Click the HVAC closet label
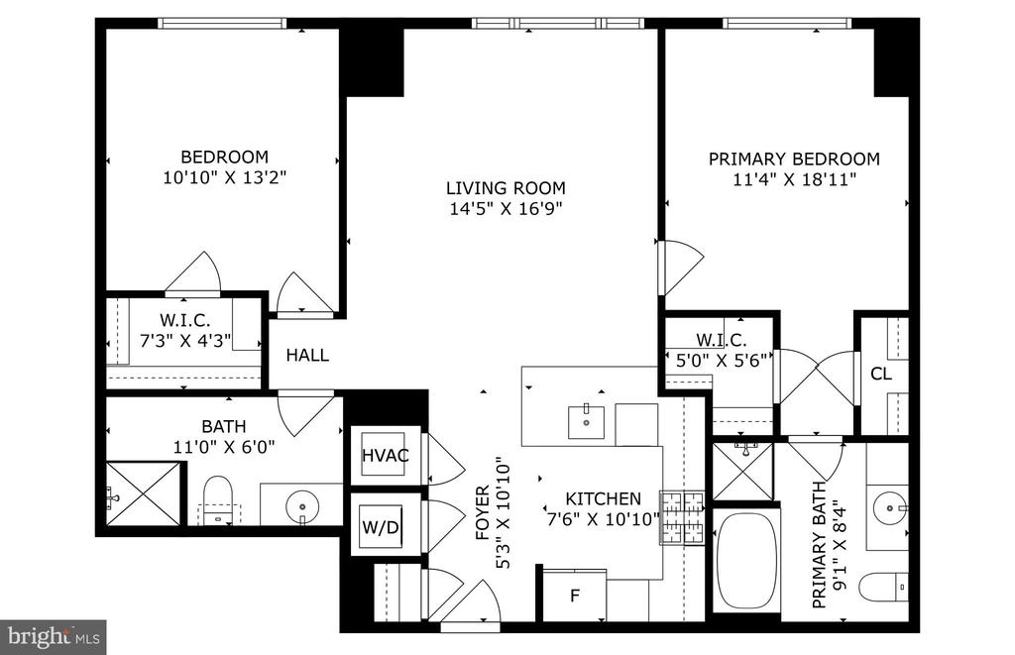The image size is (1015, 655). (386, 455)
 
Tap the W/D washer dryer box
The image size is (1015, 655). (381, 527)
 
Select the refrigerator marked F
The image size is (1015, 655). (574, 596)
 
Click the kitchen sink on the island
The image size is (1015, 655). (587, 422)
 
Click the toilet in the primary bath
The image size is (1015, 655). (883, 587)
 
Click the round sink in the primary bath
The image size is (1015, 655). (889, 508)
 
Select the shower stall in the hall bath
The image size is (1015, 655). (143, 493)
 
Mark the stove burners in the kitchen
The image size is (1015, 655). (682, 517)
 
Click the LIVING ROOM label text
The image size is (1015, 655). (506, 188)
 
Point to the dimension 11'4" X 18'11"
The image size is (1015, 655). (794, 179)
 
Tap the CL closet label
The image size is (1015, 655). (881, 374)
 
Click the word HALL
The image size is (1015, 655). (307, 355)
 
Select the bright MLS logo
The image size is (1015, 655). (54, 637)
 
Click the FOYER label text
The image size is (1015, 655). (483, 513)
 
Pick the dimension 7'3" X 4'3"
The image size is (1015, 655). (185, 341)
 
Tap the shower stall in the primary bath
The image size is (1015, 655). (743, 472)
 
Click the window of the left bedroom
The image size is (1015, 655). (221, 24)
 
